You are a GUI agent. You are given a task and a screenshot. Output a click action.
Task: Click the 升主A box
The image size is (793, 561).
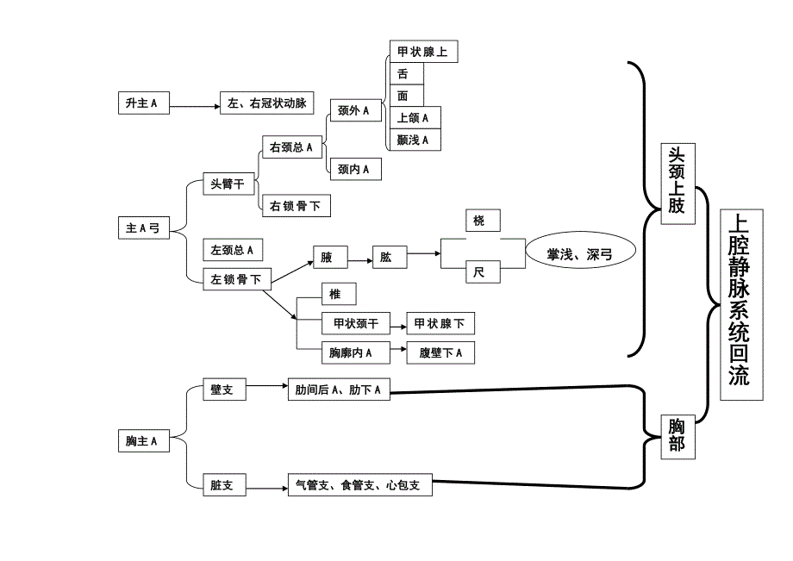coord(143,103)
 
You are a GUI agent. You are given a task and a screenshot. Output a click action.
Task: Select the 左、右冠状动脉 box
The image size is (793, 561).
coord(265,103)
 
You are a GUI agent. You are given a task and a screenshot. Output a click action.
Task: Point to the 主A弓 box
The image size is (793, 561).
coord(143,228)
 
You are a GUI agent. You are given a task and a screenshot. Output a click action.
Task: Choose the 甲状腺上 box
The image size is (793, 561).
coord(422,52)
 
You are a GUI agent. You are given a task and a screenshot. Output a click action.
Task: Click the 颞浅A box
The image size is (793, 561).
coord(415,140)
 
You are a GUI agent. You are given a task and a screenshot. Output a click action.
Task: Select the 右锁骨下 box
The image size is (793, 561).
coord(296,206)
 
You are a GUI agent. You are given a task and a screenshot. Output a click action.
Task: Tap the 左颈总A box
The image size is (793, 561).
coord(232,250)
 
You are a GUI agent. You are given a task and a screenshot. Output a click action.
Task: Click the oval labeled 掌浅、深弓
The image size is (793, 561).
coord(580,254)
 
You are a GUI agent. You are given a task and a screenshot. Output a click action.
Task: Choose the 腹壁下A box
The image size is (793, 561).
coord(440,352)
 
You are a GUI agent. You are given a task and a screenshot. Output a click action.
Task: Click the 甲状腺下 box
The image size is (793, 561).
coord(440,324)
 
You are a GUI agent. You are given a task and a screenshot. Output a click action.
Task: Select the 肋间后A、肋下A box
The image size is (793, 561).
coord(338,390)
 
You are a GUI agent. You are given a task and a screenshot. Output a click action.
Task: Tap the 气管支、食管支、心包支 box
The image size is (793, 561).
coord(359,486)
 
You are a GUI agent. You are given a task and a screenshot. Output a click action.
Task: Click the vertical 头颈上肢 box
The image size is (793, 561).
coord(677,184)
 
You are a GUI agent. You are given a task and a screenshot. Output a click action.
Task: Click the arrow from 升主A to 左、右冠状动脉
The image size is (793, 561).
coord(194,106)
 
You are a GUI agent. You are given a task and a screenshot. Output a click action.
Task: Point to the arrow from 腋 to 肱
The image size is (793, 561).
coord(359,257)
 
